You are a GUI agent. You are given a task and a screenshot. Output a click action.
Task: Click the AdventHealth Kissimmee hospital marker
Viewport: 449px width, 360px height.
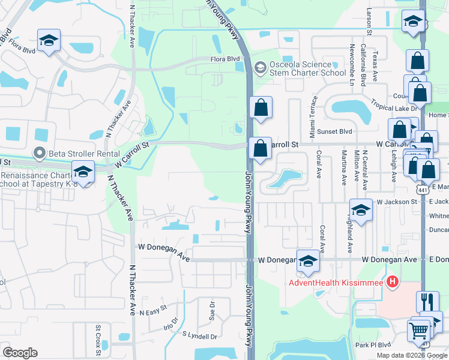click(x=393, y=281)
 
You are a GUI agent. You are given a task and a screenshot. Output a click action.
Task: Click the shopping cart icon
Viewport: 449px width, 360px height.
click(x=418, y=330)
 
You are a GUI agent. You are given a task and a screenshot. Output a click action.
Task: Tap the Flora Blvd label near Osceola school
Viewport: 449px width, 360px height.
click(x=224, y=59)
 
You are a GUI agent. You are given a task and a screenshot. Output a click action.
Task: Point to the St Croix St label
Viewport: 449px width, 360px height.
click(x=98, y=336)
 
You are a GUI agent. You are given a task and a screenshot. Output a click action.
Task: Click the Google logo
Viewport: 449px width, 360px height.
click(x=20, y=353)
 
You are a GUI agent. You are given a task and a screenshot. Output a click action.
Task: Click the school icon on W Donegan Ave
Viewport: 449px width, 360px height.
click(x=308, y=260)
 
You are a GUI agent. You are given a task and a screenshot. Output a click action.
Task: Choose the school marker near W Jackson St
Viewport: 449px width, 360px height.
click(x=361, y=210)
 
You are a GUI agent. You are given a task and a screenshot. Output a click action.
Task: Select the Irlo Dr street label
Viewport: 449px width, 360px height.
click(x=171, y=323)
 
